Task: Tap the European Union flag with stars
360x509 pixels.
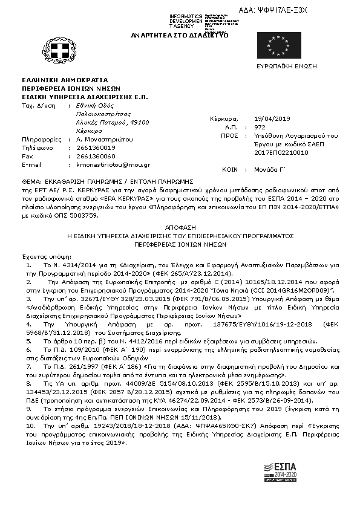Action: click(275, 45)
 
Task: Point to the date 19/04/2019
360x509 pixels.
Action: click(273, 118)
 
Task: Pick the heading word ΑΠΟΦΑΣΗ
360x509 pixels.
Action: click(180, 222)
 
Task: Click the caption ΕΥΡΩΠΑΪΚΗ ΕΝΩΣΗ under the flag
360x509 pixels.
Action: click(281, 64)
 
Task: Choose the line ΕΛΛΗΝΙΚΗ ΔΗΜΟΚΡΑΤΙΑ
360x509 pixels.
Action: click(65, 79)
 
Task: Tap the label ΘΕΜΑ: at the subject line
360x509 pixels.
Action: click(31, 181)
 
